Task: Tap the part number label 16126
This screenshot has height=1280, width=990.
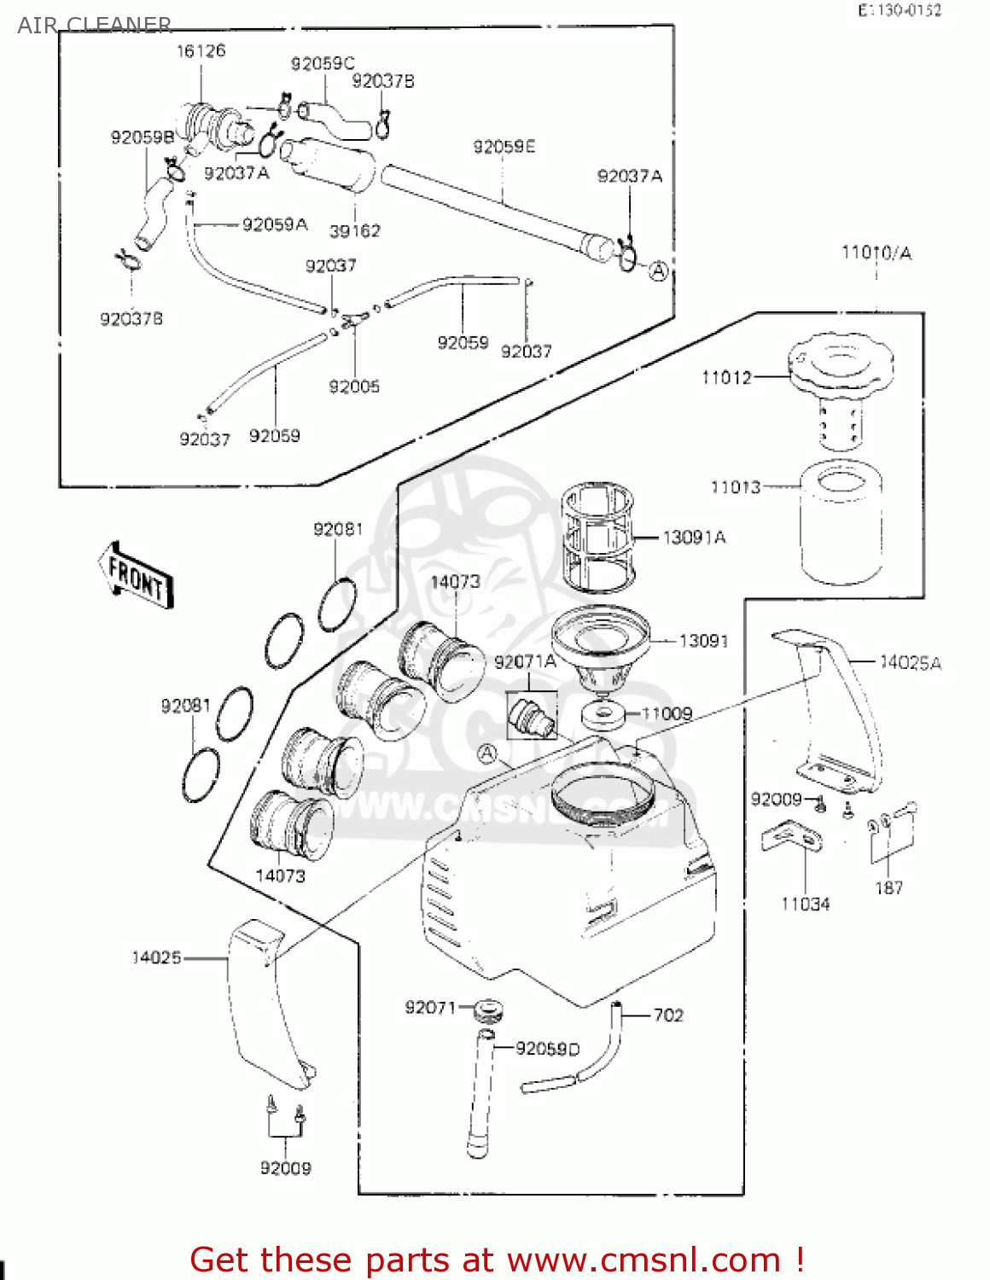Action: pos(201,51)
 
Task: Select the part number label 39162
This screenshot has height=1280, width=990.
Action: pos(354,231)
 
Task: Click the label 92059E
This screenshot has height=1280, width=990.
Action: pos(504,147)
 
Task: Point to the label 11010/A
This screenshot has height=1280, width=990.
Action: pos(876,253)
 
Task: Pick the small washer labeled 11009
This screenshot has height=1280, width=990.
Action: pos(603,714)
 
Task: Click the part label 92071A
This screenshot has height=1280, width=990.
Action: pos(525,662)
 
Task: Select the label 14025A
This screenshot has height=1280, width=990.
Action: pos(911,663)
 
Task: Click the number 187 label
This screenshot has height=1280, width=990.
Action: pos(888,888)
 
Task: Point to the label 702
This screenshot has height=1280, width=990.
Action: pos(668,1015)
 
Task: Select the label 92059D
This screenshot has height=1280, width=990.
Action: pos(547,1049)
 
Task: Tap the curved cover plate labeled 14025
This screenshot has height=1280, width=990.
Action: pos(260,998)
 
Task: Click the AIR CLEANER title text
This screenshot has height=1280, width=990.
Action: pos(95,26)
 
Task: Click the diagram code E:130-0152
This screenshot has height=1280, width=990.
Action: pos(900,10)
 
